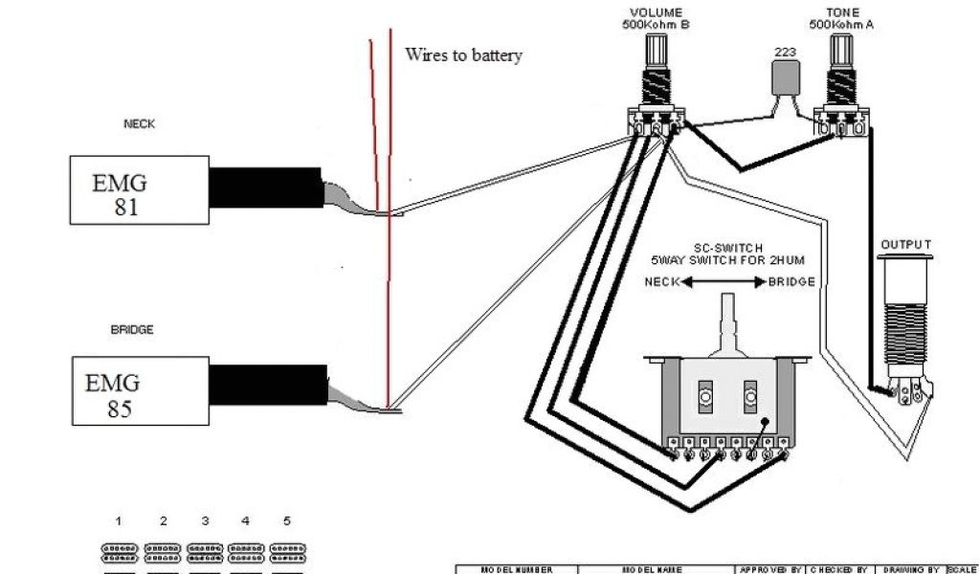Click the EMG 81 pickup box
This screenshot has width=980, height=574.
point(140,191)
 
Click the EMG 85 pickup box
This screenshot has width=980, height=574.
point(140,391)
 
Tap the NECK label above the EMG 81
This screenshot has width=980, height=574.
point(139,124)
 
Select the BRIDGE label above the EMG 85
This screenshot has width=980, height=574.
point(132,329)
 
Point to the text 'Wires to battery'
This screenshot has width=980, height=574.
point(463,55)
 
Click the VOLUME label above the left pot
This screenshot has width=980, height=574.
point(656,13)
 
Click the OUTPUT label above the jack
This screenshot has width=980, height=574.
point(904,245)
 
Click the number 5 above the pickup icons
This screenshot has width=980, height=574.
point(287,521)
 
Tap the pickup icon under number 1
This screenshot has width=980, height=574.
point(119,552)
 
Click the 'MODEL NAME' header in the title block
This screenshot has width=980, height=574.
point(656,569)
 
